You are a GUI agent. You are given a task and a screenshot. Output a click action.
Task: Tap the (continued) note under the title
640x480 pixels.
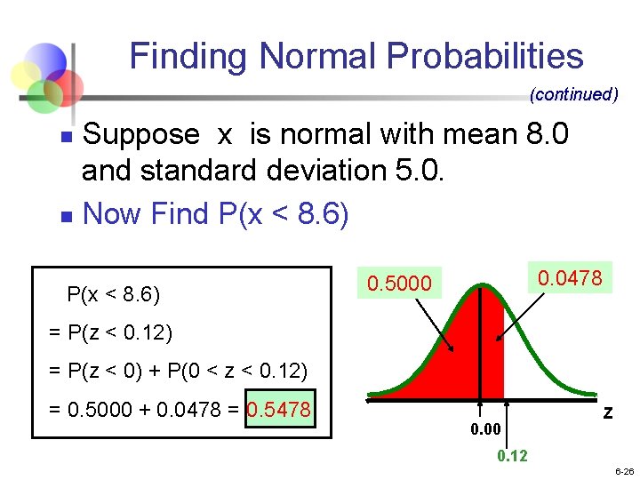(x=573, y=94)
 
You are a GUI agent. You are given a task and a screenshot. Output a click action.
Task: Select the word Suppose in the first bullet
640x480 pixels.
(x=140, y=135)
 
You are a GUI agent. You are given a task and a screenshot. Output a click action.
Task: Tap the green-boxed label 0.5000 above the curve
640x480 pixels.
(x=399, y=284)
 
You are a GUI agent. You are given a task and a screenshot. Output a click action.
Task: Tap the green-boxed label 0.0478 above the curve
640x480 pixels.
(x=570, y=278)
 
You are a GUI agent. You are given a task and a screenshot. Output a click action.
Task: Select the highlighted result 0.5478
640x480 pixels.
(x=279, y=410)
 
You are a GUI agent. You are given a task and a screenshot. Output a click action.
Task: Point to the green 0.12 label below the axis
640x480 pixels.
(x=512, y=456)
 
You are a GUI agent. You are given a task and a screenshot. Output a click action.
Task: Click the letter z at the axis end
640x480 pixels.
(x=607, y=412)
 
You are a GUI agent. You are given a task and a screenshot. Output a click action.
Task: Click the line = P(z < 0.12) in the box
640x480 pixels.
(x=111, y=333)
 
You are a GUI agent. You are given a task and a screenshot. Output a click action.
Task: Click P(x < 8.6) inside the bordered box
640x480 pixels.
(x=113, y=294)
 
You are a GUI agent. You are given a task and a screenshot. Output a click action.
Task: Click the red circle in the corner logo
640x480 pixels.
(x=64, y=87)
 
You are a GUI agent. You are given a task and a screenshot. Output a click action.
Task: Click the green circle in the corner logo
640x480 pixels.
(x=42, y=96)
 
